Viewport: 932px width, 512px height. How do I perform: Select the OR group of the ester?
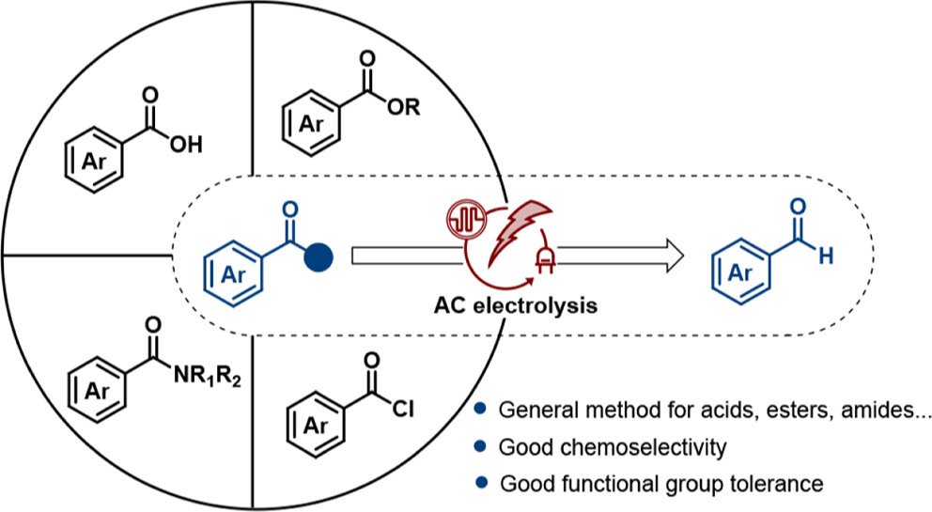coord(406,113)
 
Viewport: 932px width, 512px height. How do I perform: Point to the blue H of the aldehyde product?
coord(826,255)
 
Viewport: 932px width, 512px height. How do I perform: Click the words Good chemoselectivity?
coord(613,448)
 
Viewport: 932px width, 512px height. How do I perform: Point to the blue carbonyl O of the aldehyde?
coord(800,206)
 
